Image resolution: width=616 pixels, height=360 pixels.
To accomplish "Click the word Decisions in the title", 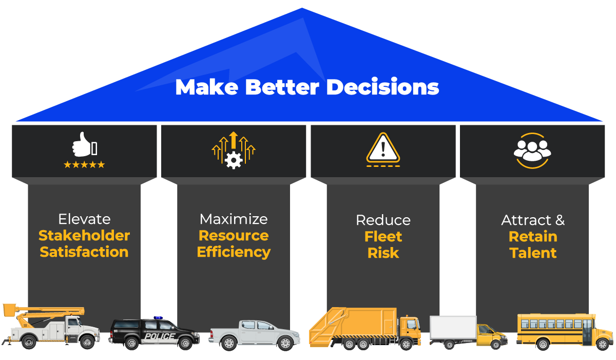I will [382, 87].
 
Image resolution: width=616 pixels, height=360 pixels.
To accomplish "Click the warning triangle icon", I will [383, 148].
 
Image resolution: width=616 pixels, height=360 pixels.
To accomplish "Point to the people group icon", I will [532, 148].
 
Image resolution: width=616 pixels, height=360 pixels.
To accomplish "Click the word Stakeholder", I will [84, 236].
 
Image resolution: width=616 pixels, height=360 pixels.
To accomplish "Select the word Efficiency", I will [234, 252].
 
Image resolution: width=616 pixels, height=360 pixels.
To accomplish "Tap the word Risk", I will [383, 253].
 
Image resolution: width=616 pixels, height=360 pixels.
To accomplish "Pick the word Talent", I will [533, 253].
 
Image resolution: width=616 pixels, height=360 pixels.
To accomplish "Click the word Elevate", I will [84, 219].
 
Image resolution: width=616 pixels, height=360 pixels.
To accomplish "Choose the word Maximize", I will [234, 219].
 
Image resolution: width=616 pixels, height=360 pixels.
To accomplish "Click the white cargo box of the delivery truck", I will [453, 328].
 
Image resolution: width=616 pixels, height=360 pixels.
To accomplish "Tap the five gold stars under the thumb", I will [84, 165].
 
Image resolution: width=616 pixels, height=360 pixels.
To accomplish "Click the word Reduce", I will [383, 220].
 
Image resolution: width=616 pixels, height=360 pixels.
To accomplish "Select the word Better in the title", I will [282, 87].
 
